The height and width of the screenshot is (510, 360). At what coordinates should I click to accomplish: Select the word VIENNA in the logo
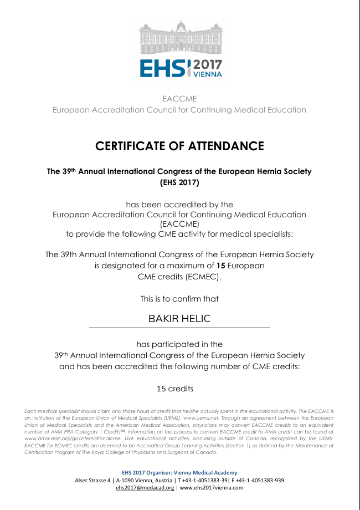[x=207, y=73]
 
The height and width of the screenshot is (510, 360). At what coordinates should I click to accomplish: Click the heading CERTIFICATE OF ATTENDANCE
[x=179, y=146]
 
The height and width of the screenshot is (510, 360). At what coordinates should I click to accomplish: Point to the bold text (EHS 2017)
[x=179, y=182]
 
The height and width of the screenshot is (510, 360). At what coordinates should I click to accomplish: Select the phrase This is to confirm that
[x=179, y=299]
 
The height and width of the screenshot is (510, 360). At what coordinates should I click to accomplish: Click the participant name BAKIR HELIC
[x=179, y=319]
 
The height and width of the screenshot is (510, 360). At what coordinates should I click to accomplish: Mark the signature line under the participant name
[x=179, y=328]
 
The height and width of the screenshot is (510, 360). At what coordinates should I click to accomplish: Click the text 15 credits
[x=175, y=389]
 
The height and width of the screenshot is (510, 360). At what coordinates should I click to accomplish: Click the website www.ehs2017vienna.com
[x=212, y=488]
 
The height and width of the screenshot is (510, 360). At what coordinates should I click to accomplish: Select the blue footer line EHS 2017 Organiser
[x=179, y=472]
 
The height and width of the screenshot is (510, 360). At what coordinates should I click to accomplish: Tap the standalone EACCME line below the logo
[x=179, y=99]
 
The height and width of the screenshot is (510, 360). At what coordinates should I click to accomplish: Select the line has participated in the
[x=179, y=344]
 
